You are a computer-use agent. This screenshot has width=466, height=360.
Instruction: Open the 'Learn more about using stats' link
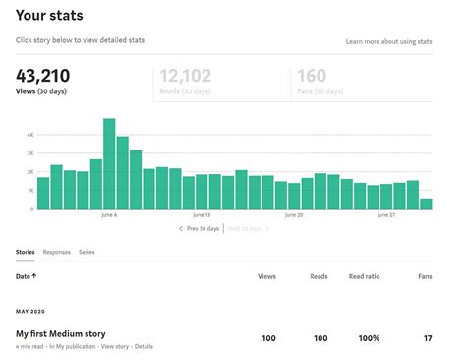pos(388,42)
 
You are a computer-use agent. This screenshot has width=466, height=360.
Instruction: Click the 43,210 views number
pos(42,76)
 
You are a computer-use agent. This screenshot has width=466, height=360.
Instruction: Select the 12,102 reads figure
pos(184,76)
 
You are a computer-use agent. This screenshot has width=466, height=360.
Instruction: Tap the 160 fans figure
pos(311,76)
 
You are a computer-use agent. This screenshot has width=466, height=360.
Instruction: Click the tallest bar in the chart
pos(109,163)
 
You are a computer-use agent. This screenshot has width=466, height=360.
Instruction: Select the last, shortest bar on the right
pos(426,204)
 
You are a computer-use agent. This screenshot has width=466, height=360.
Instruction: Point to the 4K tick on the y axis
pos(30,134)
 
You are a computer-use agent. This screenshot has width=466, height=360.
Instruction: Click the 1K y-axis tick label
pos(30,190)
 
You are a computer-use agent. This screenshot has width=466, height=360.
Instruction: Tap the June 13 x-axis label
pos(202,214)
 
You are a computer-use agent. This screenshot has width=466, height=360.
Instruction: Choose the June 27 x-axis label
pos(386,214)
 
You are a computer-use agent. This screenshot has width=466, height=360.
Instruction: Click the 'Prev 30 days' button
pos(200,228)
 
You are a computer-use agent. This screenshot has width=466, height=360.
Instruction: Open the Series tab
pos(87,253)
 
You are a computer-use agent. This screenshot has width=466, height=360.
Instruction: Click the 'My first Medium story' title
pos(61,334)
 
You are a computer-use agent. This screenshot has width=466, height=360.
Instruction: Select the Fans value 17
pos(426,338)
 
